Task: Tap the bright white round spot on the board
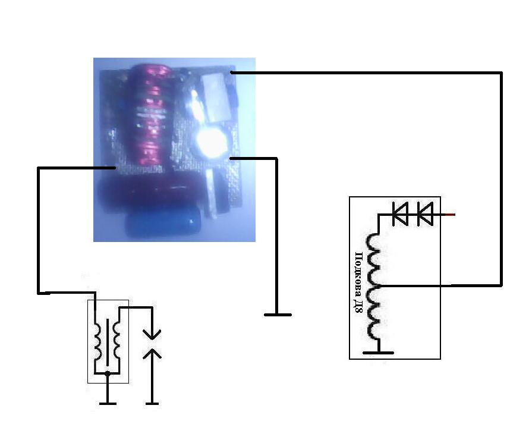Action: tap(212, 142)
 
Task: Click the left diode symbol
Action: tap(400, 214)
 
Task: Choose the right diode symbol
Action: tap(425, 214)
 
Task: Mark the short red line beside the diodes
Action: tap(450, 214)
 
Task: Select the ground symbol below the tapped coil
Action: tap(378, 353)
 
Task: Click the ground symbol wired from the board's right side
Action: tap(278, 315)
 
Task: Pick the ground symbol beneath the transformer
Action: tap(108, 403)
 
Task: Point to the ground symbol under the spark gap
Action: tap(152, 403)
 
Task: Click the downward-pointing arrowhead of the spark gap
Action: tap(152, 334)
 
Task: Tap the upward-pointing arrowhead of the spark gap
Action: tap(152, 354)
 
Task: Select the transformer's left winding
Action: tap(97, 343)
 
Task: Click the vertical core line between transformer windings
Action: tap(108, 342)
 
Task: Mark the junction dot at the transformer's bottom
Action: tap(108, 373)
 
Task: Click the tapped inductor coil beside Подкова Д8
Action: tap(374, 287)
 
